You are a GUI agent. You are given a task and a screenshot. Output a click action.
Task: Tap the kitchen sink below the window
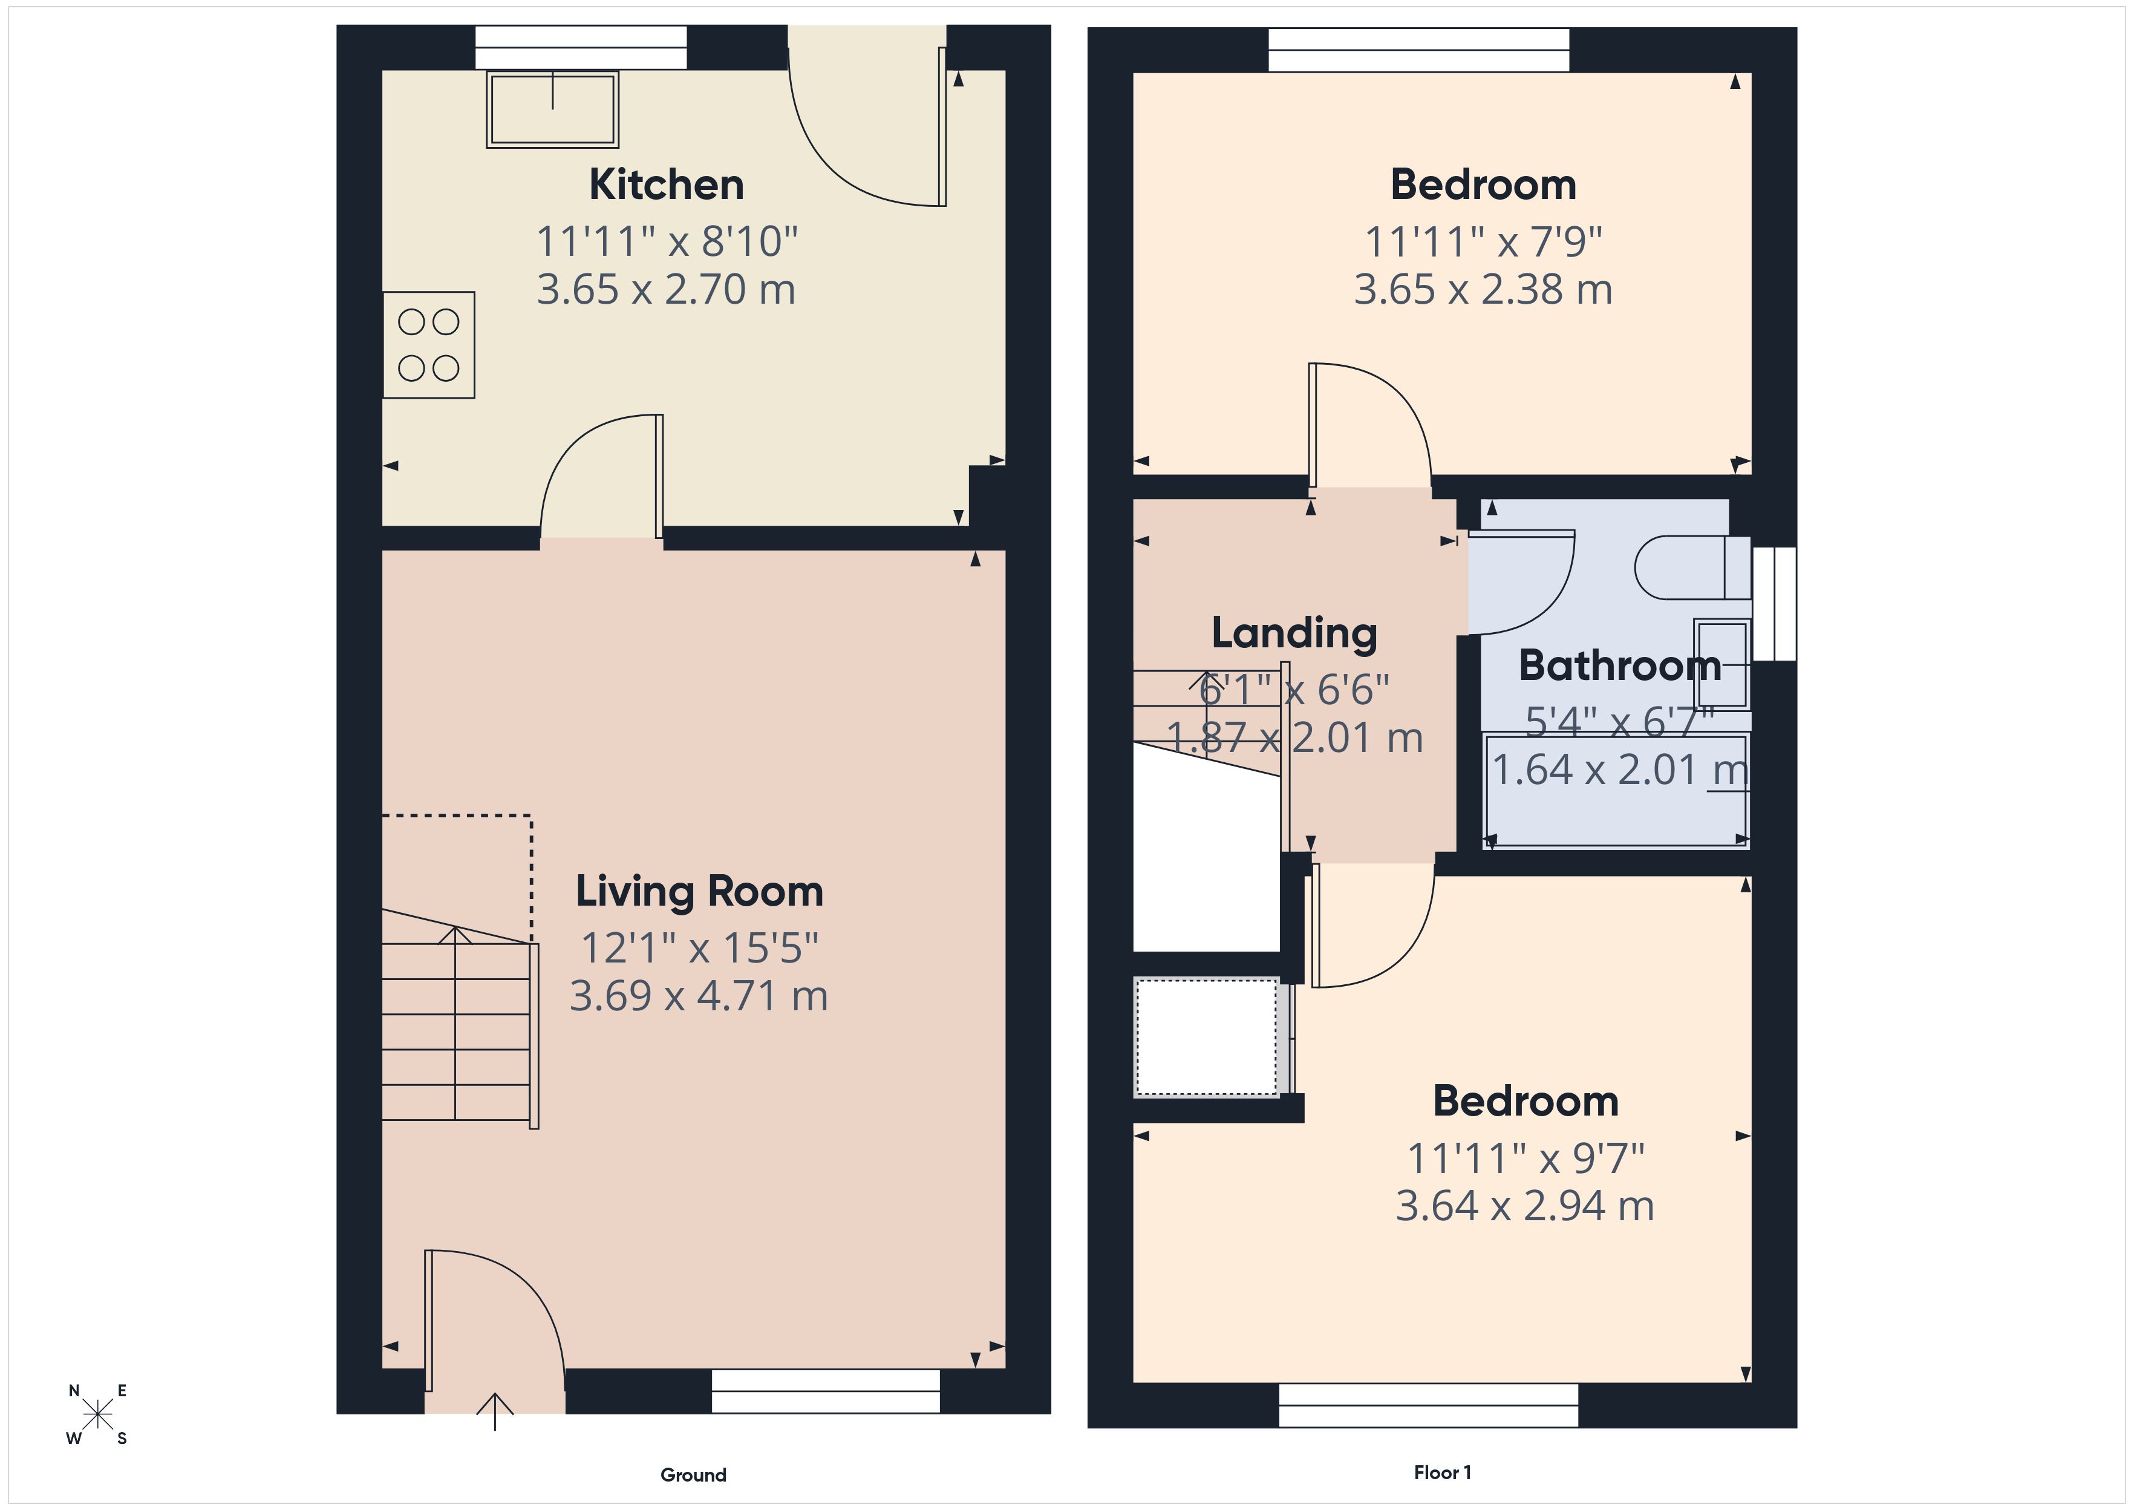tap(552, 109)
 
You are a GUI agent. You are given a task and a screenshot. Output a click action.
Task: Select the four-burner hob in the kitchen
tap(428, 345)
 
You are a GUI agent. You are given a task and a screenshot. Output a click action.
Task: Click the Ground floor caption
tap(693, 1475)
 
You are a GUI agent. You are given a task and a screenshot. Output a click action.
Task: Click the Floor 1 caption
tap(1441, 1472)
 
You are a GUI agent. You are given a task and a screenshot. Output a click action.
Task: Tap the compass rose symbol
tap(97, 1415)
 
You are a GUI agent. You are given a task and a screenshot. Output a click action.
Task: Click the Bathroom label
tap(1619, 665)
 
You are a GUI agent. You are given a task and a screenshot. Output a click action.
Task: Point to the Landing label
tap(1294, 633)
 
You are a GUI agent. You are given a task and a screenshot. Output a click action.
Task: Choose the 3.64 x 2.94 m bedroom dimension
tap(1524, 1206)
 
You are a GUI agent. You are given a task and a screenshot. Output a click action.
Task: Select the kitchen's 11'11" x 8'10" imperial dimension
tap(667, 242)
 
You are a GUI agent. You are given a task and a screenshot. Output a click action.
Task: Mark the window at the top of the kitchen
tap(581, 47)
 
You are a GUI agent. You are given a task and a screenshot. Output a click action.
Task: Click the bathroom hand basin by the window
tap(1721, 664)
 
